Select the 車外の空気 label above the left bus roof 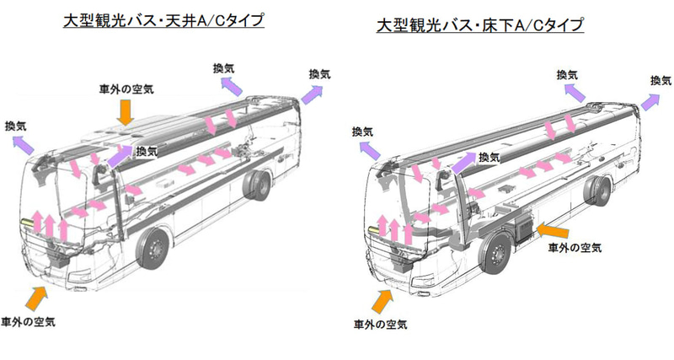(126, 88)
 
